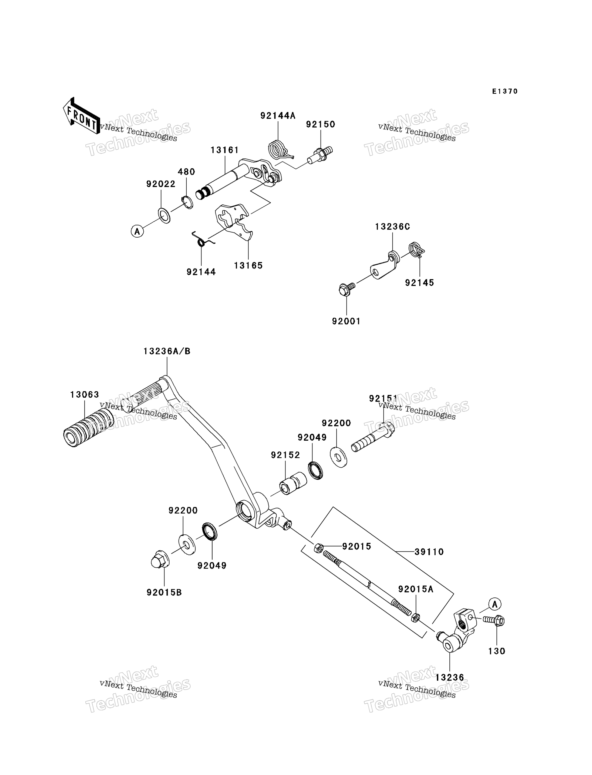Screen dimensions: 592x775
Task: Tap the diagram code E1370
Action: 505,91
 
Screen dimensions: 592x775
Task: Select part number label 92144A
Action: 278,116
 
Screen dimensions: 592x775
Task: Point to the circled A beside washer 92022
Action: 137,231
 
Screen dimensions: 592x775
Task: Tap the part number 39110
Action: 429,552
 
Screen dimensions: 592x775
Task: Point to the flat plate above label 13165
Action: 234,221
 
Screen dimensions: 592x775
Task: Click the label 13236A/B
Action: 167,351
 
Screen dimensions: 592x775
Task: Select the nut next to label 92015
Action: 319,548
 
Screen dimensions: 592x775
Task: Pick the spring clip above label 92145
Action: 417,250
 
